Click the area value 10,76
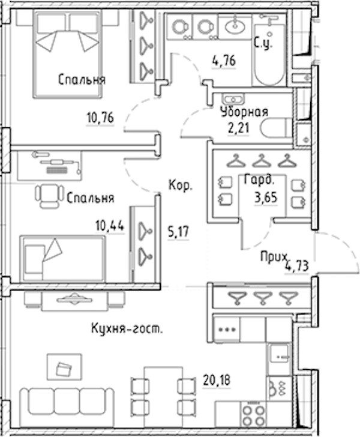[x=100, y=118]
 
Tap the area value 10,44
[x=110, y=226]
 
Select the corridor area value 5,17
[x=178, y=232]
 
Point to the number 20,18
[x=217, y=381]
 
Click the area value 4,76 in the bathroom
[x=224, y=61]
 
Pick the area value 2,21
[x=238, y=128]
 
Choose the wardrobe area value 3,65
[x=266, y=197]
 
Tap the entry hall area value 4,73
[x=296, y=266]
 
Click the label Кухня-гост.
[x=127, y=329]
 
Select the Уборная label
[x=244, y=112]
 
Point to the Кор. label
[x=181, y=185]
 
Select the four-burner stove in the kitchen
[x=253, y=415]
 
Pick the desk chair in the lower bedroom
[x=49, y=196]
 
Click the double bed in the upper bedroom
[x=67, y=55]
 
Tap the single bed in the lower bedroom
[x=62, y=258]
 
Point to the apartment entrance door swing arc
[x=346, y=245]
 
